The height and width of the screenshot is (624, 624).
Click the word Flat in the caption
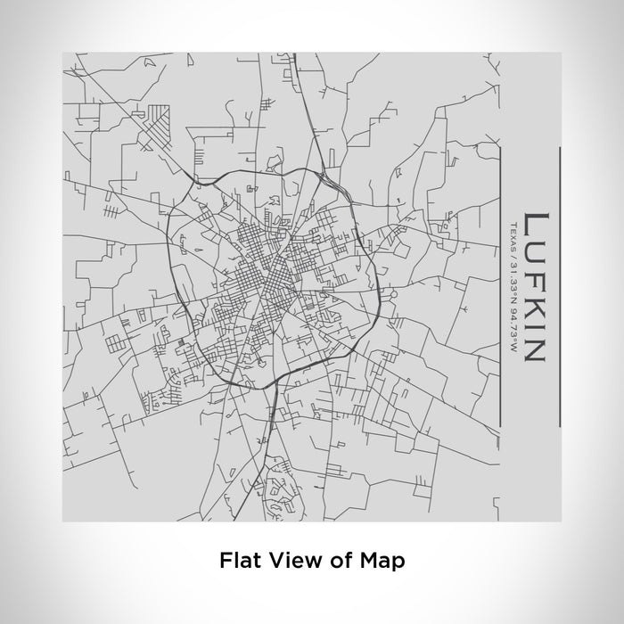click(x=236, y=561)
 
